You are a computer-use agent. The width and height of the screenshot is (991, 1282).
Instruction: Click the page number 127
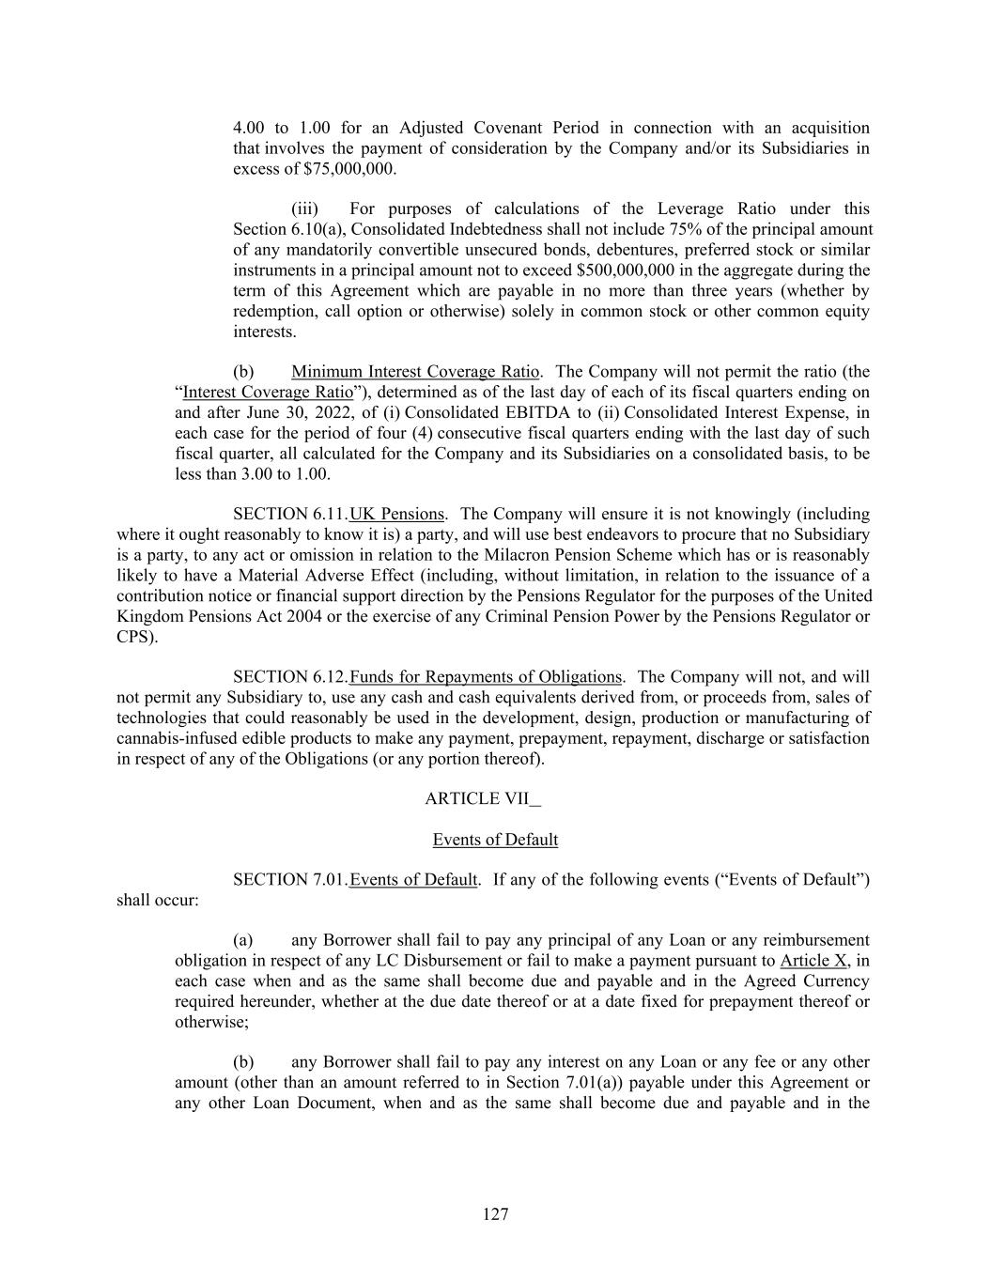495,1214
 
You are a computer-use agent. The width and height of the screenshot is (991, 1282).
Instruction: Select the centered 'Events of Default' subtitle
495,840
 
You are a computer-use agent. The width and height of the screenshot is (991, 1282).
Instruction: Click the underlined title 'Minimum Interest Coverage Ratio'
415,372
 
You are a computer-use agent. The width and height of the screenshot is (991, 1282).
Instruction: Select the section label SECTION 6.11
289,515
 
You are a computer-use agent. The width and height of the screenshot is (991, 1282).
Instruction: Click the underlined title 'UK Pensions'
396,515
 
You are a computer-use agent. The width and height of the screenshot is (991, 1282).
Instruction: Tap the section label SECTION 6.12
289,677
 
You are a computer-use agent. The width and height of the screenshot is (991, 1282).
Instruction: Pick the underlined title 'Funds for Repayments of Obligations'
486,677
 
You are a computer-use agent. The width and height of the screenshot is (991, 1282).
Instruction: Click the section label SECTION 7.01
289,880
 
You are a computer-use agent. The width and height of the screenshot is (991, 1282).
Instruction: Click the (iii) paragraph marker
304,209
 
